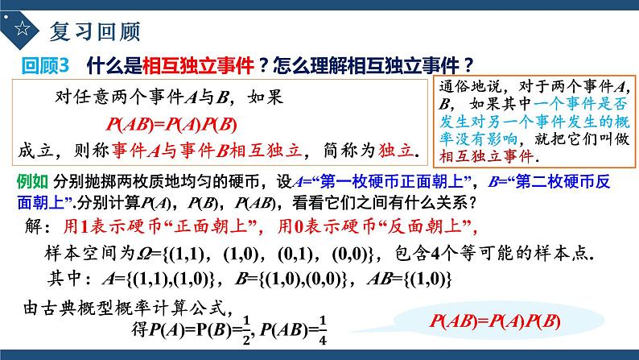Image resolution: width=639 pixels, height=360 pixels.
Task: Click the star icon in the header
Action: [x=23, y=31]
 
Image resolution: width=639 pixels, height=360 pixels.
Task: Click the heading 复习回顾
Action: [x=95, y=31]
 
